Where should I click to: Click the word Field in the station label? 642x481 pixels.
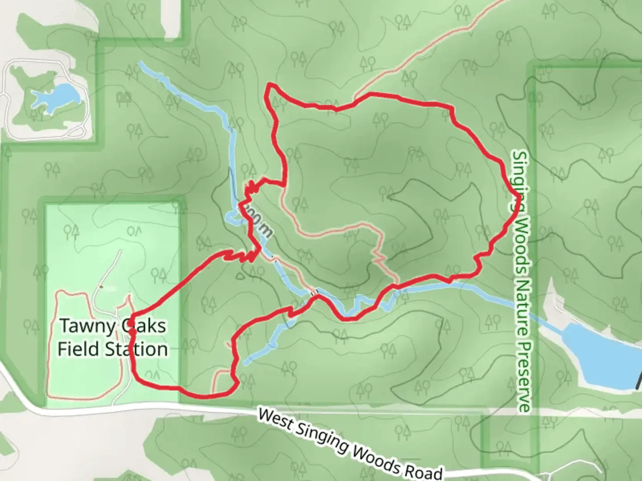pyautogui.click(x=78, y=349)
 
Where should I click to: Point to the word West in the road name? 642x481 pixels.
pyautogui.click(x=275, y=420)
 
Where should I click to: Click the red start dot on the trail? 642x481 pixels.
pyautogui.click(x=132, y=332)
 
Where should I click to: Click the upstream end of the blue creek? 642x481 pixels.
pyautogui.click(x=142, y=63)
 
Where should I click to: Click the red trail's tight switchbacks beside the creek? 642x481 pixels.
pyautogui.click(x=252, y=187)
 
